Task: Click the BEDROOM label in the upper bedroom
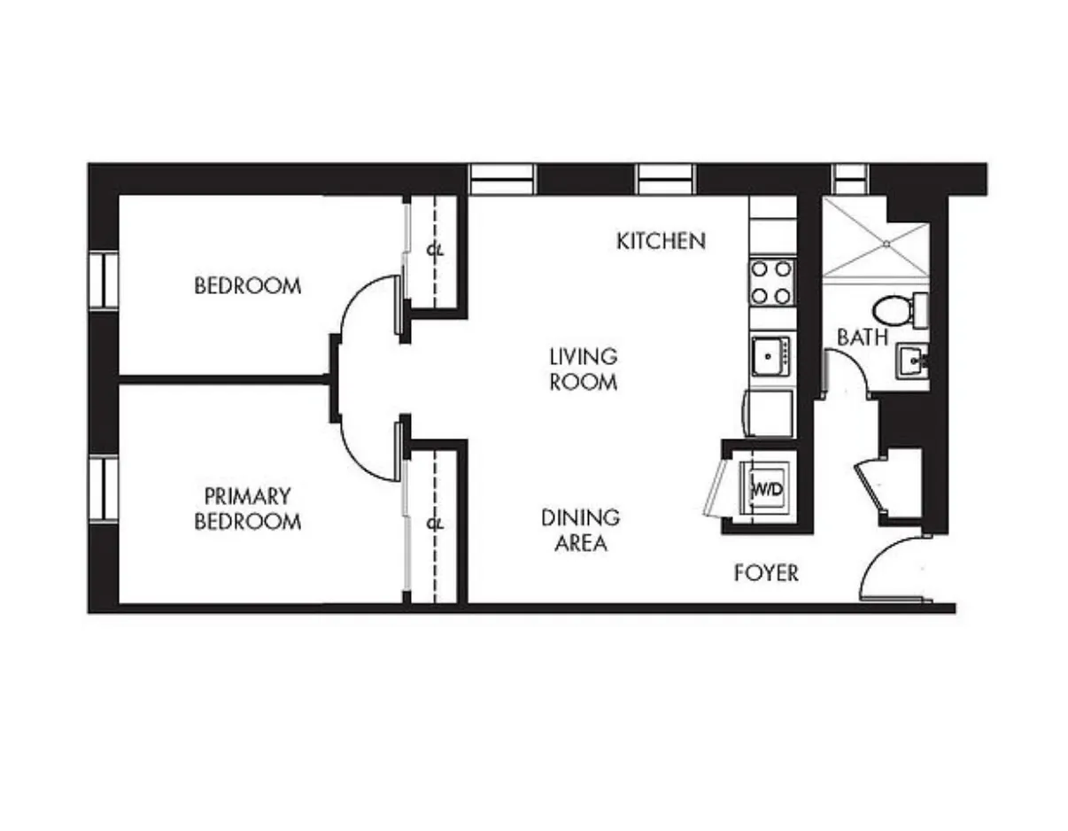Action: [247, 286]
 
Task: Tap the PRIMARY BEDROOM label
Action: [247, 509]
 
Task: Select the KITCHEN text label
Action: [661, 241]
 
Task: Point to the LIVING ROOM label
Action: [583, 369]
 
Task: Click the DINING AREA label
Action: [580, 530]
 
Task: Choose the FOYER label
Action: [766, 574]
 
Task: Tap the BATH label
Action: [862, 338]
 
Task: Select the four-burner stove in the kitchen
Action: [771, 282]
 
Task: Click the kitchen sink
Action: [770, 357]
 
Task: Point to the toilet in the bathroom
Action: [894, 311]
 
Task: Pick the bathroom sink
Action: [912, 362]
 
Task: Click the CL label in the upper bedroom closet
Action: [434, 251]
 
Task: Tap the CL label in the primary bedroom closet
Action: [434, 524]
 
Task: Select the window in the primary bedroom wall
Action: [104, 488]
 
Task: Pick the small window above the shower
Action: [847, 179]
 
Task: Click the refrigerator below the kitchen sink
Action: [770, 414]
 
